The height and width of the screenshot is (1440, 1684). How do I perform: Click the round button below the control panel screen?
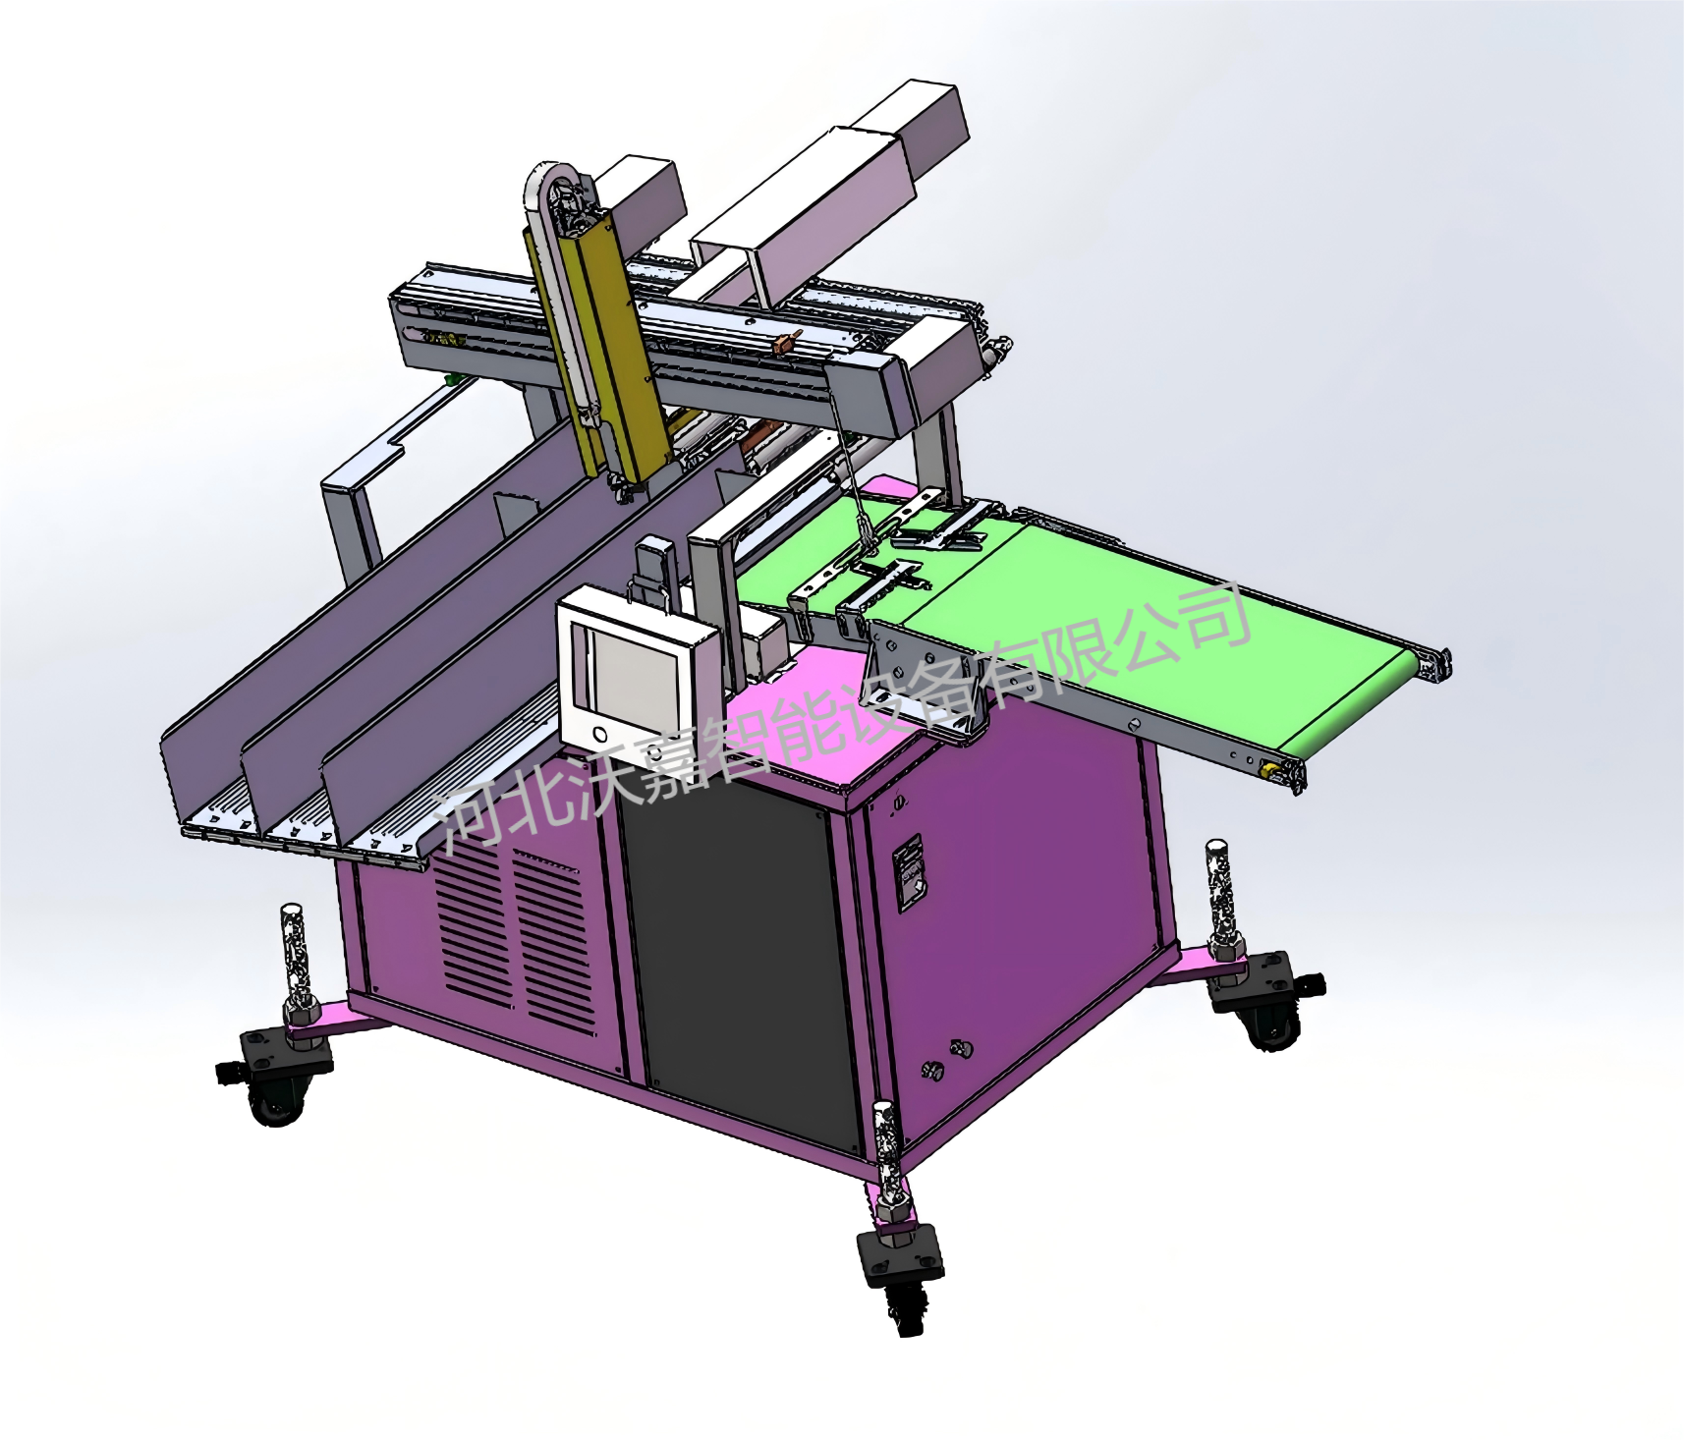pyautogui.click(x=600, y=735)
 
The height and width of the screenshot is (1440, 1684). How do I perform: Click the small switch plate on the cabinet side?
pyautogui.click(x=909, y=872)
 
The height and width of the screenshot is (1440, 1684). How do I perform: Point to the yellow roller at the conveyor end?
pyautogui.click(x=1273, y=770)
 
